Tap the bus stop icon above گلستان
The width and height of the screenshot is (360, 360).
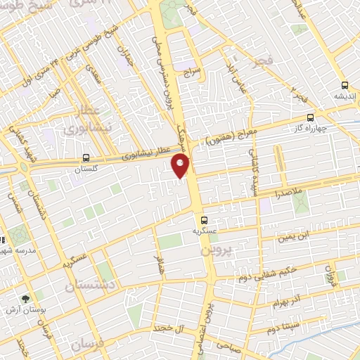pyautogui.click(x=86, y=157)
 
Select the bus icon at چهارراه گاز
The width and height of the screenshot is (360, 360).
pyautogui.click(x=310, y=119)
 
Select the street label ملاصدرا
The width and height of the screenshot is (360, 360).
pyautogui.click(x=288, y=192)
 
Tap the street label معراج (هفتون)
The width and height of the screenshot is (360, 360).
pyautogui.click(x=224, y=137)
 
